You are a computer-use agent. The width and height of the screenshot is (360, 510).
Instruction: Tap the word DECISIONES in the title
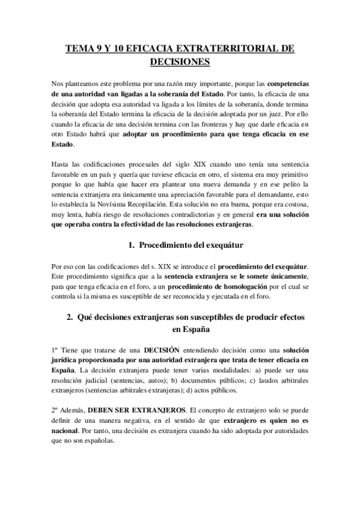click(x=180, y=62)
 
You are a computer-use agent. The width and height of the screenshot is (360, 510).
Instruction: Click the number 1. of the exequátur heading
click(x=132, y=244)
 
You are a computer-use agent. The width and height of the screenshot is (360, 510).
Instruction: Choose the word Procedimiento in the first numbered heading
click(x=167, y=244)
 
